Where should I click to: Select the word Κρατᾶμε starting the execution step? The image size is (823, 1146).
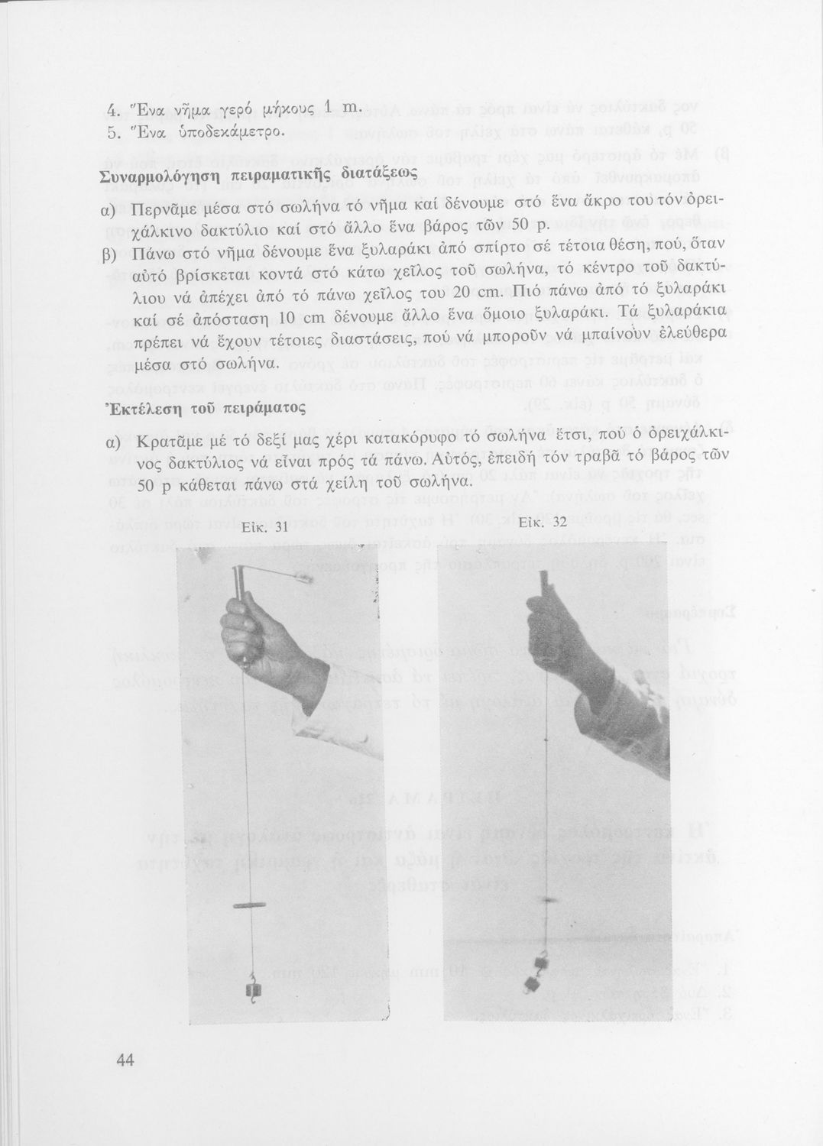pyautogui.click(x=170, y=444)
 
